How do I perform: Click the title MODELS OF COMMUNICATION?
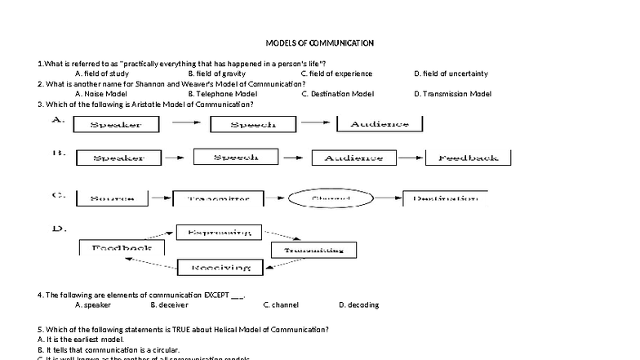tap(320, 43)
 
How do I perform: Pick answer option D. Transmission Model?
tap(452, 94)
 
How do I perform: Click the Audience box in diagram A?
tap(379, 124)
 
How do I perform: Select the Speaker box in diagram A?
tap(114, 125)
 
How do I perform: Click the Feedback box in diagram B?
tap(468, 158)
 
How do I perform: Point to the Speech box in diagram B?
tap(236, 157)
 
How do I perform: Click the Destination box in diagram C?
tap(441, 198)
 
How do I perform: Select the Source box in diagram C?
tap(113, 198)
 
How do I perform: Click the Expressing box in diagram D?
tap(219, 233)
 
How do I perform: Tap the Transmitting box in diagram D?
tap(313, 250)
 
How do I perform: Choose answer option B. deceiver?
tap(170, 304)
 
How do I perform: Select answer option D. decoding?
tap(358, 304)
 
